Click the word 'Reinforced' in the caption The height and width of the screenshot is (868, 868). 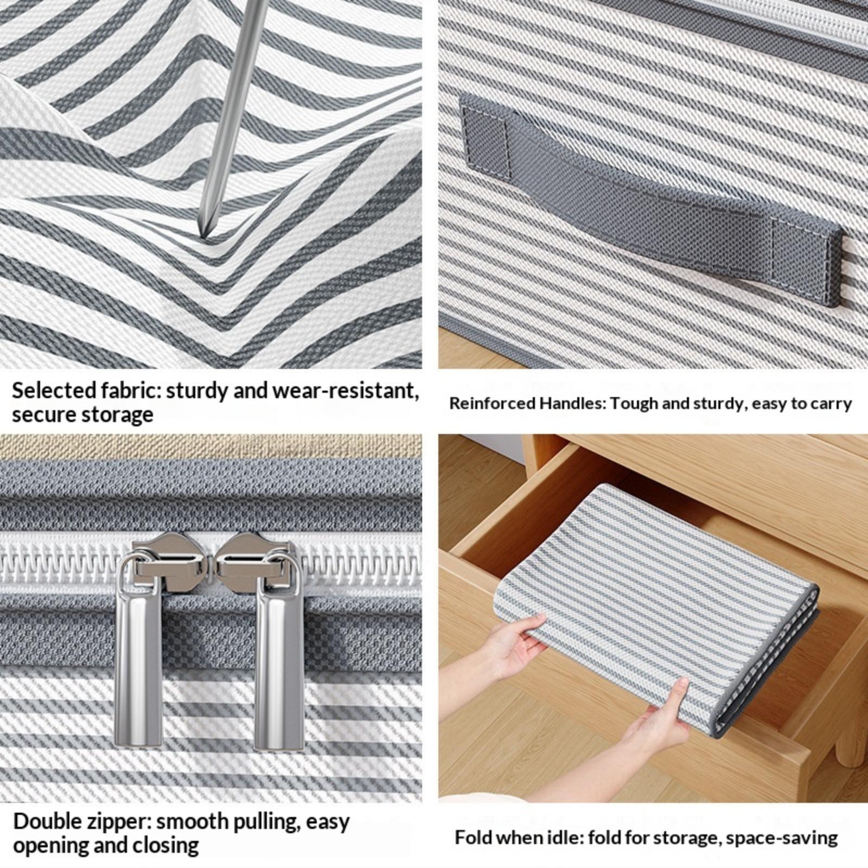point(492,404)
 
